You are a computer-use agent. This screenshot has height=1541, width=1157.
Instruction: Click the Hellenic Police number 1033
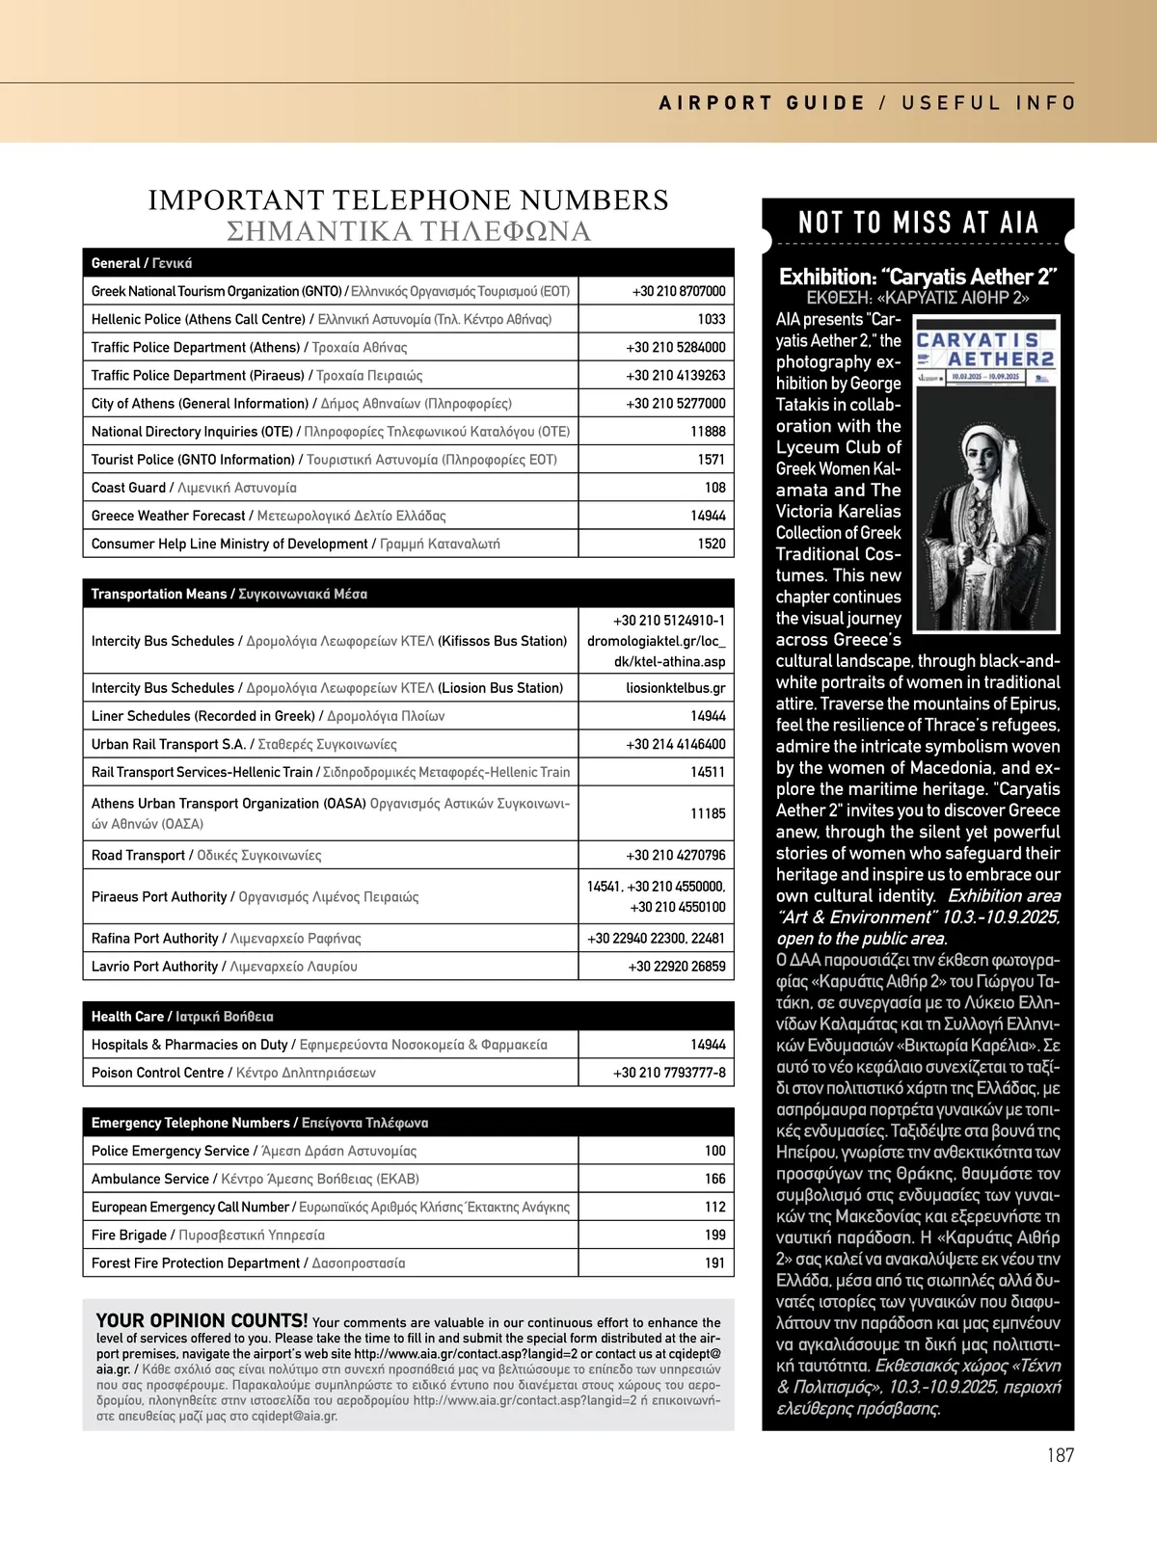712,319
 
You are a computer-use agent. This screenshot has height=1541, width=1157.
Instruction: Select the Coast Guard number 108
714,488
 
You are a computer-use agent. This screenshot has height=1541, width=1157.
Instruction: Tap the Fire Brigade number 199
714,1235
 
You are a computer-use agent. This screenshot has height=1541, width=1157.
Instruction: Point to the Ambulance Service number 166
714,1179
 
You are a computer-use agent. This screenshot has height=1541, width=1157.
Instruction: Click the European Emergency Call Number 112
714,1207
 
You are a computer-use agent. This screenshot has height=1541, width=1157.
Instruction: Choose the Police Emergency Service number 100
714,1151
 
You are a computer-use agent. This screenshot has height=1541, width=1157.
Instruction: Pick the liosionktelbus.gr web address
675,688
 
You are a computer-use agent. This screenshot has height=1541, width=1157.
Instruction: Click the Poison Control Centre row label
233,1073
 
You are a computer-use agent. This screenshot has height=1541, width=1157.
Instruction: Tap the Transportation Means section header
229,594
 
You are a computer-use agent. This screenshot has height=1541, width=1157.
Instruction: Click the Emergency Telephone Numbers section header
259,1123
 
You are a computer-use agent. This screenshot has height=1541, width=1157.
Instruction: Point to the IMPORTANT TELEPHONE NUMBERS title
408,200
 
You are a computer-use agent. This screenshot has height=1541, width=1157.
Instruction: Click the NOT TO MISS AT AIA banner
918,224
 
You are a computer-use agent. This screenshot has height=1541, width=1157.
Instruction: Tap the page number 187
1060,1455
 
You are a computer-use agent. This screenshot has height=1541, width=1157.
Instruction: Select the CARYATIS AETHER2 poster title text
984,350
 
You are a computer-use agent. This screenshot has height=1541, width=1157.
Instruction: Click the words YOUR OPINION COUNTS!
202,1320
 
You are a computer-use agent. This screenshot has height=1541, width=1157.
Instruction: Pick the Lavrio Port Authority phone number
677,967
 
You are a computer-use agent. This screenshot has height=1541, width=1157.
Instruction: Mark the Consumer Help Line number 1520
712,544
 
